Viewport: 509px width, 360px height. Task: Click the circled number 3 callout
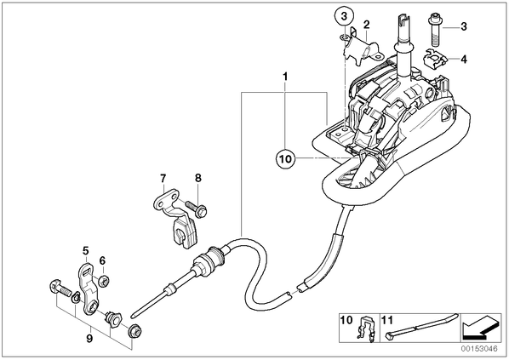(x=344, y=16)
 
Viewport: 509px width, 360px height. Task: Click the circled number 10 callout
(x=284, y=159)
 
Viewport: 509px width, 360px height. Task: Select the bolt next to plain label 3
(x=433, y=30)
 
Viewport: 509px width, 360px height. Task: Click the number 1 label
(x=285, y=77)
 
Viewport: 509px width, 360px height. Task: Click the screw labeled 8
(x=197, y=209)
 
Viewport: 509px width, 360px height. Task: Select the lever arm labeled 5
(x=89, y=289)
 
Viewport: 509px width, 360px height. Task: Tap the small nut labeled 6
(x=104, y=281)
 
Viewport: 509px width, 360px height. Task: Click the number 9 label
(x=89, y=339)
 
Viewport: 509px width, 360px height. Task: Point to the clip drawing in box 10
(x=366, y=329)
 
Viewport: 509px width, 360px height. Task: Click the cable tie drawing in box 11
(x=421, y=326)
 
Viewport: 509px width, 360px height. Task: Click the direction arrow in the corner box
(x=481, y=328)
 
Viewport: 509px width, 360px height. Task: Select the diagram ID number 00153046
(x=479, y=349)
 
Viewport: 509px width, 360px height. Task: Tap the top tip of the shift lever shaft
(x=403, y=15)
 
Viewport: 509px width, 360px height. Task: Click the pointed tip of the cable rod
(x=132, y=315)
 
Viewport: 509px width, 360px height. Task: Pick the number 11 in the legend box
(x=387, y=320)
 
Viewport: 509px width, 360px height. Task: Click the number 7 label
(x=163, y=178)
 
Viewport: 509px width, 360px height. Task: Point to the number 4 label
(x=464, y=60)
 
